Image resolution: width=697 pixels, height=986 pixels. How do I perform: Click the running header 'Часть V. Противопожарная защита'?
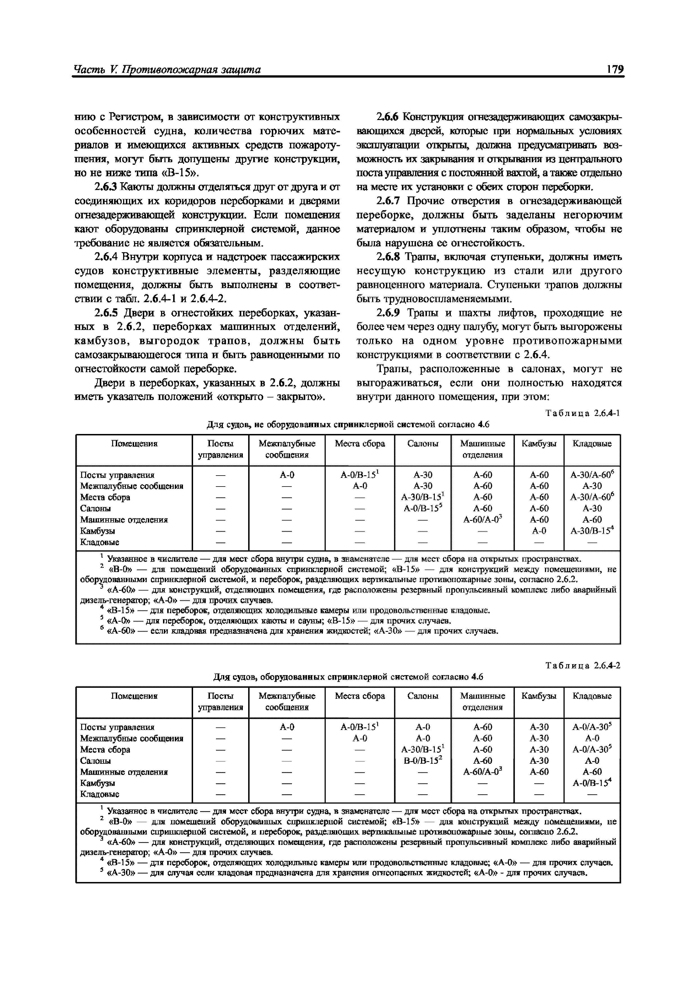[x=168, y=70]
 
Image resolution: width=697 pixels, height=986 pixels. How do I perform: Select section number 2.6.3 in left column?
[x=106, y=187]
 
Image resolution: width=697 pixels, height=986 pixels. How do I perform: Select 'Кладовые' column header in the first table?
[x=592, y=444]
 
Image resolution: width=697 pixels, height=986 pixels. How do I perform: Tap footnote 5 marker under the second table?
[x=102, y=870]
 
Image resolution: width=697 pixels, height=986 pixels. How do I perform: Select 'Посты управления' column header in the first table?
[x=220, y=449]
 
